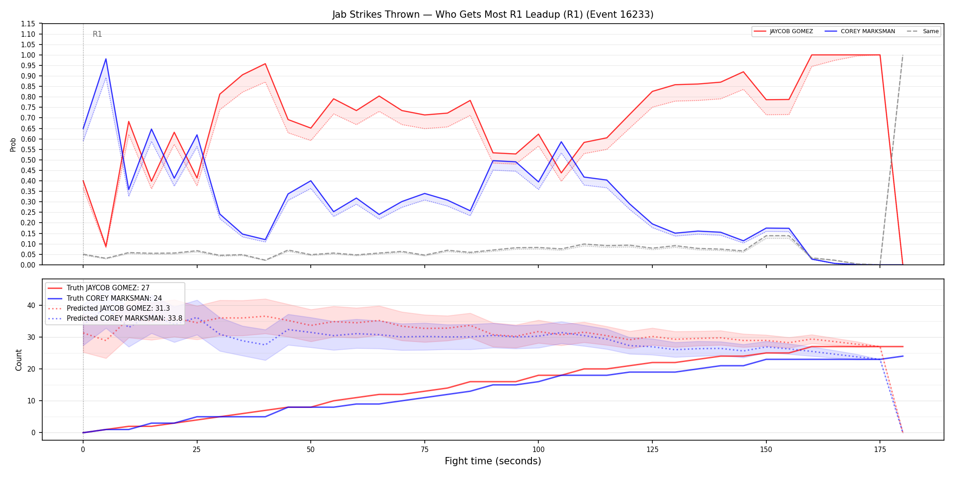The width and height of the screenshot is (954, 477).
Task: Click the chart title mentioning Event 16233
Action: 493,15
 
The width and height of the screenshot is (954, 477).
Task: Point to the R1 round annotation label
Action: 97,34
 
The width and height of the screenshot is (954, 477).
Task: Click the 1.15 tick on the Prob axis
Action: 28,24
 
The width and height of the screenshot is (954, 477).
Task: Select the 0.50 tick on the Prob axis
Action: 28,160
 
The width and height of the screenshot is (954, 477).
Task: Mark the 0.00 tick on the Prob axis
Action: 28,265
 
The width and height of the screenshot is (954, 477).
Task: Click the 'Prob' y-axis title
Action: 13,144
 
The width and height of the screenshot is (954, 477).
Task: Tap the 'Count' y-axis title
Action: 19,360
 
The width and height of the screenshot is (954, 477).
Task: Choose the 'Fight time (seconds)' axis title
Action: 493,461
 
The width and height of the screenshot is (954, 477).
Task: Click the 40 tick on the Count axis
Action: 31,305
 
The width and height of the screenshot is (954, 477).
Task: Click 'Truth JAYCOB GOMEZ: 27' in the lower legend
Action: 108,288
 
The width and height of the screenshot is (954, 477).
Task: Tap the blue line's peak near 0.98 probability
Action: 106,59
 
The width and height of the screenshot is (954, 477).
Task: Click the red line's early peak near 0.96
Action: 265,64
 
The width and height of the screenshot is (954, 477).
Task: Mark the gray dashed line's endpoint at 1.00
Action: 903,55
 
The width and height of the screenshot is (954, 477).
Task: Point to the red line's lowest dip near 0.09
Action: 106,246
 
